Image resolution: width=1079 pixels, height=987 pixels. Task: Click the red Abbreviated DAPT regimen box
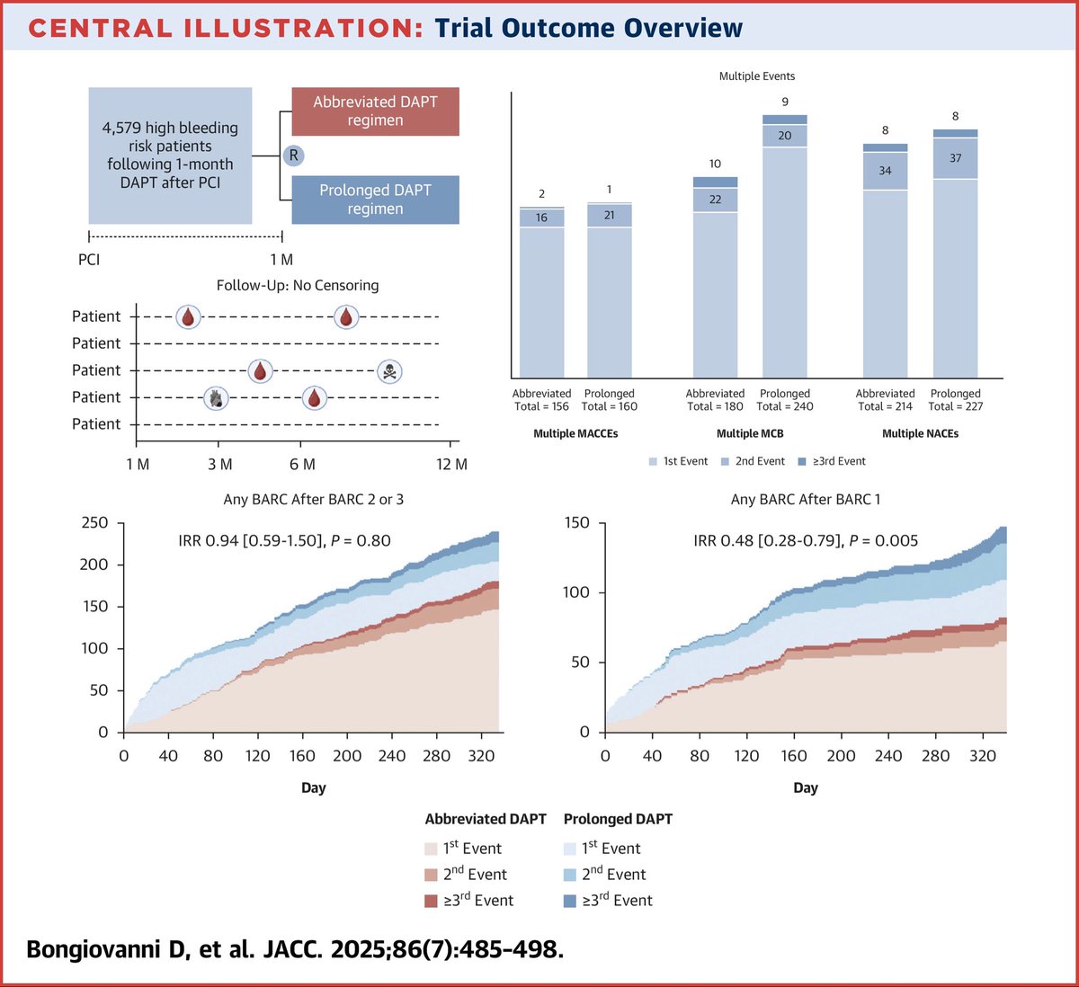pyautogui.click(x=375, y=111)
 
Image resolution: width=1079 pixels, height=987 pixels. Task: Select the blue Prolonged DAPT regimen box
pyautogui.click(x=375, y=200)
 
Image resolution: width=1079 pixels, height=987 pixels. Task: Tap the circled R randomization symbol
pyautogui.click(x=293, y=156)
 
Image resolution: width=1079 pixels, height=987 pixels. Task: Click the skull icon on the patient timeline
pyautogui.click(x=388, y=370)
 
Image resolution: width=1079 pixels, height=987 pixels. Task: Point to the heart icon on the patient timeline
pyautogui.click(x=215, y=397)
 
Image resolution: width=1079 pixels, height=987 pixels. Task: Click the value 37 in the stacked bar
pyautogui.click(x=955, y=158)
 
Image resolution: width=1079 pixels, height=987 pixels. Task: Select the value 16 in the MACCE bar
pyautogui.click(x=541, y=218)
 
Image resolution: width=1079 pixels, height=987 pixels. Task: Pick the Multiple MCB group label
pyautogui.click(x=750, y=433)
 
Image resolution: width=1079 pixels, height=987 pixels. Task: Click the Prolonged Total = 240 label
pyautogui.click(x=785, y=400)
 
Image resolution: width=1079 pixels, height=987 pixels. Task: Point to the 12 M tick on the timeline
pyautogui.click(x=451, y=464)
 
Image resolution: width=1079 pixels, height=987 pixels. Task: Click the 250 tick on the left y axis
pyautogui.click(x=94, y=523)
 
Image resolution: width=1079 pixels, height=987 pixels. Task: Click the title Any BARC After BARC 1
pyautogui.click(x=800, y=499)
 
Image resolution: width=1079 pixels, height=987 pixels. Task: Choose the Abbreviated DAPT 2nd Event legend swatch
pyautogui.click(x=431, y=875)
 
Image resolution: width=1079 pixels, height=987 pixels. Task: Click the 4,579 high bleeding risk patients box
pyautogui.click(x=170, y=156)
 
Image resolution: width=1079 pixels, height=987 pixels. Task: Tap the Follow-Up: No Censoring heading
pyautogui.click(x=298, y=285)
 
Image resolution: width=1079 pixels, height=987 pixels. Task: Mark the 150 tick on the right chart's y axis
pyautogui.click(x=575, y=523)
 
